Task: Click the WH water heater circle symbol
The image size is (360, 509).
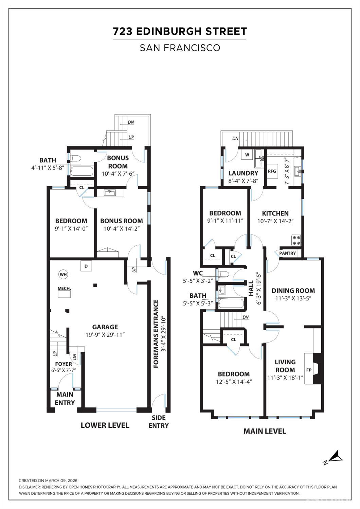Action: click(63, 275)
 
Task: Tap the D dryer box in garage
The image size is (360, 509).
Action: click(86, 266)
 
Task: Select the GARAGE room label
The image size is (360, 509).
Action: click(105, 327)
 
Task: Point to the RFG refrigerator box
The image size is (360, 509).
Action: click(272, 171)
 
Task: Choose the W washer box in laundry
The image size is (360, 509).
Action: click(247, 155)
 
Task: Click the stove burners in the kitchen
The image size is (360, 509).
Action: click(296, 240)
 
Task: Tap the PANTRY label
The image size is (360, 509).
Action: click(288, 253)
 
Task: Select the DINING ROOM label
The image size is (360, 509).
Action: click(293, 291)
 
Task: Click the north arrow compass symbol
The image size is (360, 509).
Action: click(333, 457)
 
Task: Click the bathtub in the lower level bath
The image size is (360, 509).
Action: click(82, 171)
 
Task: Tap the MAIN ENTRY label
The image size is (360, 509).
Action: click(65, 399)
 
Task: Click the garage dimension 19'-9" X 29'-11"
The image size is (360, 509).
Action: click(105, 334)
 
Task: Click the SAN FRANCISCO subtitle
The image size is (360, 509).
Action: click(180, 48)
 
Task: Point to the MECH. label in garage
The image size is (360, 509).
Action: click(64, 288)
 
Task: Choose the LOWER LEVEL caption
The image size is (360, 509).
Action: click(105, 425)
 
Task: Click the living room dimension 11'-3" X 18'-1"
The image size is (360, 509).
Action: click(286, 378)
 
